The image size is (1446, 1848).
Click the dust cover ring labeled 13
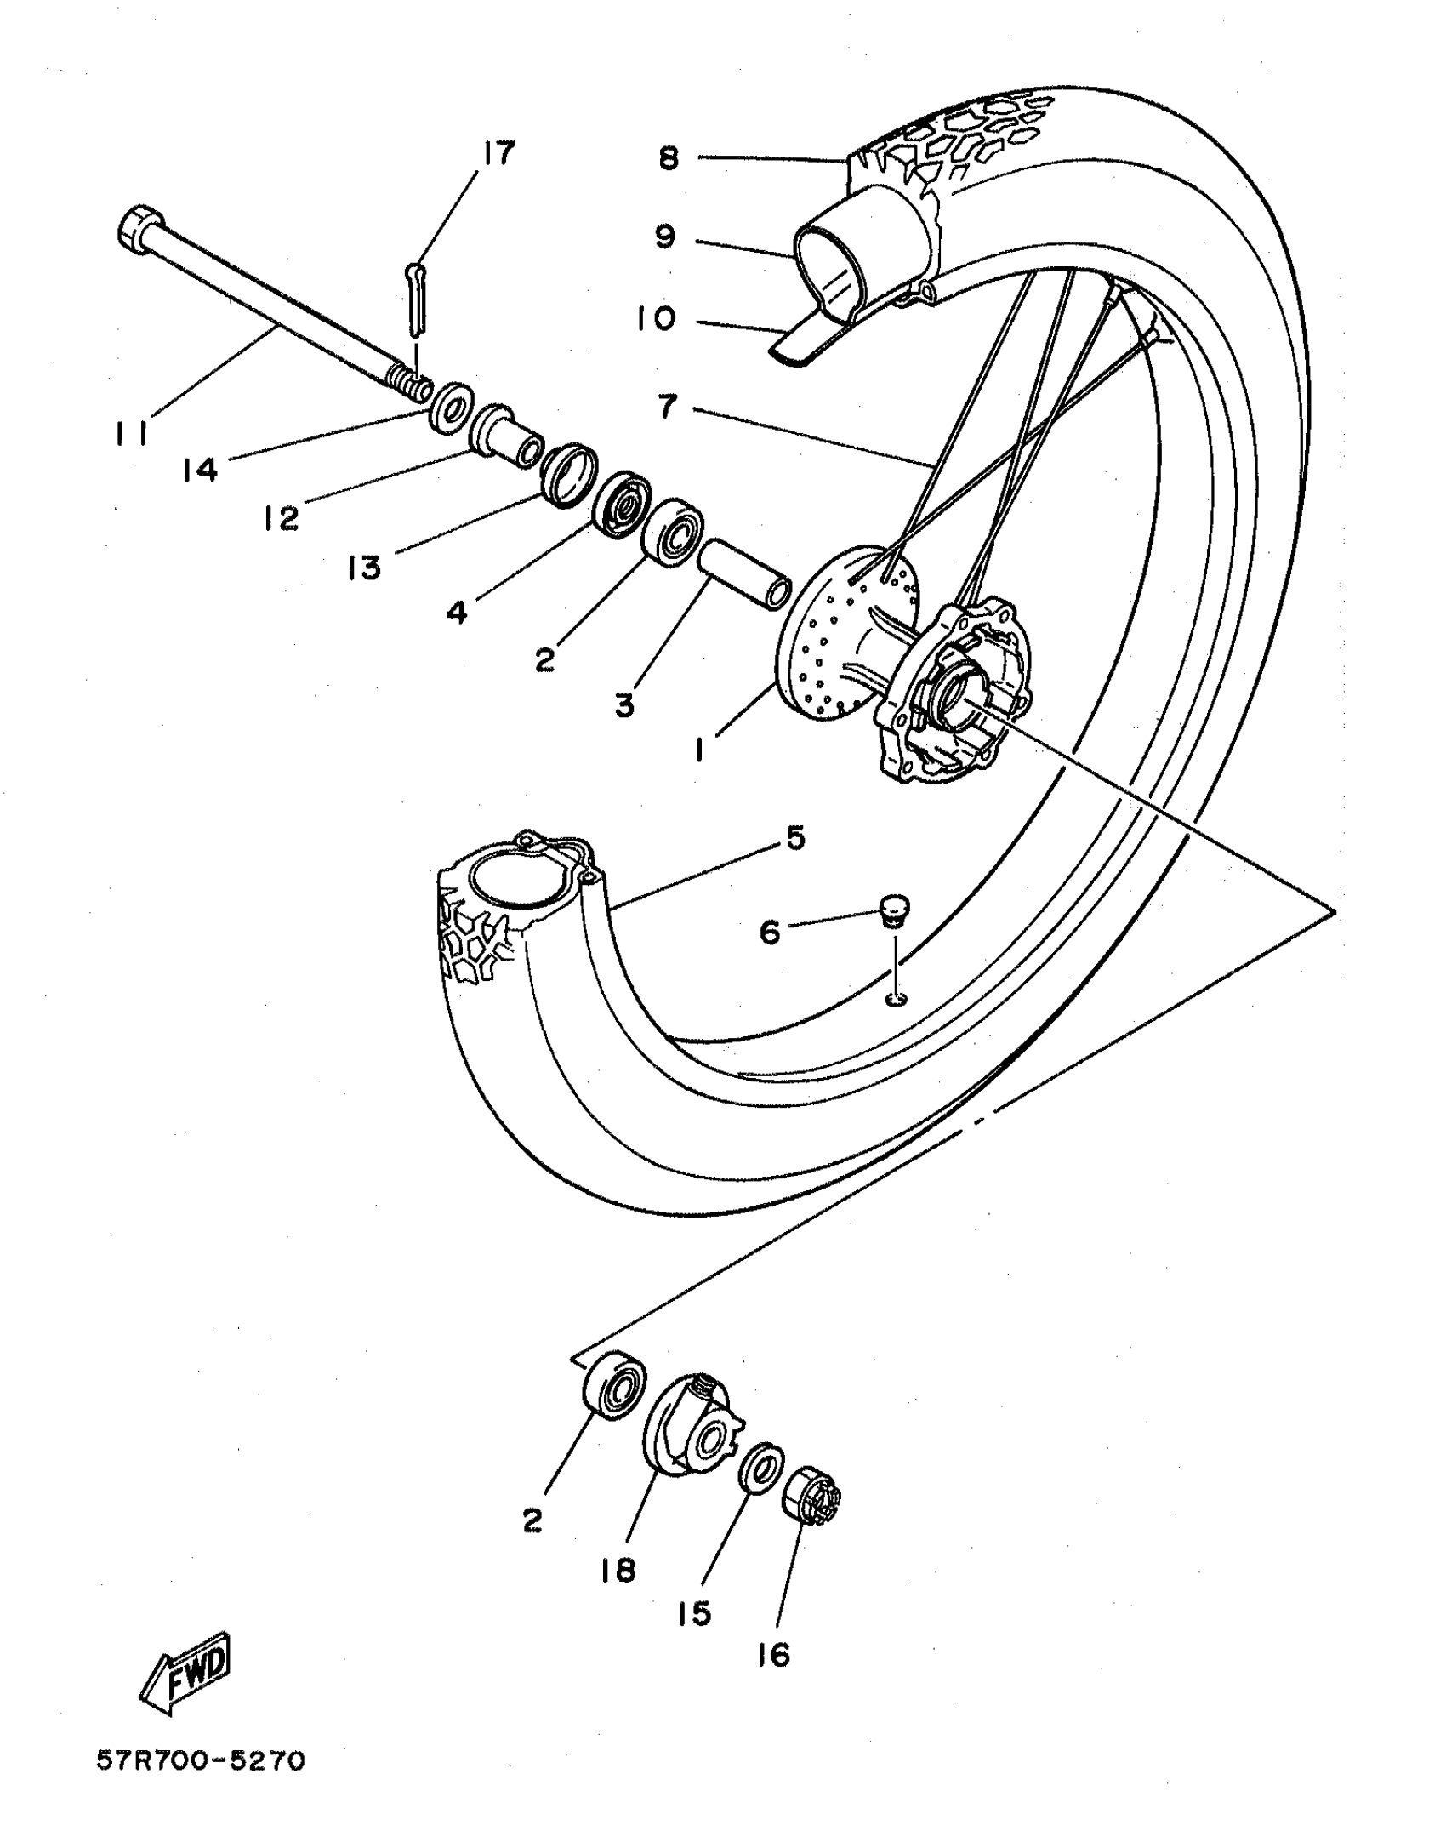click(x=567, y=475)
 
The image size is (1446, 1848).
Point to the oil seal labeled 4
click(x=620, y=505)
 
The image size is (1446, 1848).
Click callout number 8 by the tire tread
click(x=669, y=158)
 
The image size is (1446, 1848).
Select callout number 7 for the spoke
click(x=668, y=407)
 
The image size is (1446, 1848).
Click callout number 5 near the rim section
click(x=794, y=839)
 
